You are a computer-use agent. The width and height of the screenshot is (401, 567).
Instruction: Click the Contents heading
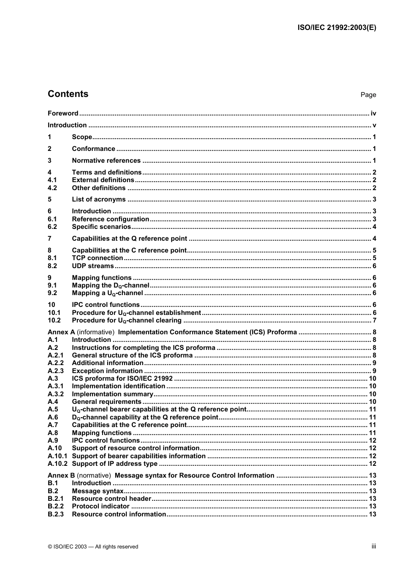pyautogui.click(x=68, y=94)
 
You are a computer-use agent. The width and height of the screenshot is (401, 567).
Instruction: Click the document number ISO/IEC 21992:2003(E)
pyautogui.click(x=336, y=27)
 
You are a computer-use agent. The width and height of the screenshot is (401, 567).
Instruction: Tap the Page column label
pyautogui.click(x=368, y=95)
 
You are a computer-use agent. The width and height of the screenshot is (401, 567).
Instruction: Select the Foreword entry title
pyautogui.click(x=63, y=113)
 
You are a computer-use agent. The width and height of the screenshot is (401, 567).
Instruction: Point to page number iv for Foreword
pyautogui.click(x=373, y=113)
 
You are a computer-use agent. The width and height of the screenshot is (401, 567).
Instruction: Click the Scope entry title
pyautogui.click(x=82, y=137)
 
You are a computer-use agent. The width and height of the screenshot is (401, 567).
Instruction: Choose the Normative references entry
pyautogui.click(x=106, y=160)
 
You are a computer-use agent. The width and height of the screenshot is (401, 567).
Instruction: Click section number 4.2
pyautogui.click(x=52, y=188)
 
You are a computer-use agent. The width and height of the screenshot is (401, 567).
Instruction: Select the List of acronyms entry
pyautogui.click(x=99, y=199)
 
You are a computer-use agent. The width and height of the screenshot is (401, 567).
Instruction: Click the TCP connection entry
pyautogui.click(x=98, y=258)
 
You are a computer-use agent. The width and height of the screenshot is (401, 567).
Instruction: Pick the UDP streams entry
pyautogui.click(x=93, y=266)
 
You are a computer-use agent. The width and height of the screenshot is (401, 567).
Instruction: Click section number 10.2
pyautogui.click(x=54, y=320)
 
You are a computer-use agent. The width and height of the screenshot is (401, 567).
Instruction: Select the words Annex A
pyautogui.click(x=61, y=332)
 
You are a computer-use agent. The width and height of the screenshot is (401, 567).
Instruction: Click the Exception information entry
pyautogui.click(x=107, y=371)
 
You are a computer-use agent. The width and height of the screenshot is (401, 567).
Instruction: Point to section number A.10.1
pyautogui.click(x=57, y=456)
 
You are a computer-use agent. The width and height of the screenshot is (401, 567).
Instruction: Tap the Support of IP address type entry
pyautogui.click(x=114, y=464)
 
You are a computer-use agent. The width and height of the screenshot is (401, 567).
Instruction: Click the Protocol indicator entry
pyautogui.click(x=100, y=506)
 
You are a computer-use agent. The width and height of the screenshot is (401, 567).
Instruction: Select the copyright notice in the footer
pyautogui.click(x=93, y=547)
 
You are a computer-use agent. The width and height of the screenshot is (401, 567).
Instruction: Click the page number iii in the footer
pyautogui.click(x=374, y=546)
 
